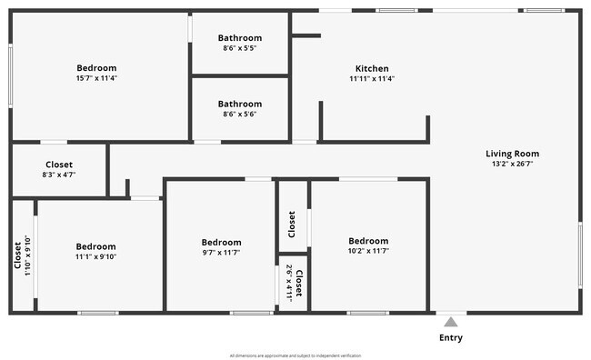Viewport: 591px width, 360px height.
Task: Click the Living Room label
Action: [x=512, y=154]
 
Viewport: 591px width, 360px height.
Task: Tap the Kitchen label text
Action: [x=372, y=68]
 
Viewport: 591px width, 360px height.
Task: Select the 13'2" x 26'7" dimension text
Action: [x=512, y=165]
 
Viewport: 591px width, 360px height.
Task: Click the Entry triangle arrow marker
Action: [x=450, y=321]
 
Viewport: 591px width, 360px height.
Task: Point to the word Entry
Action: [x=450, y=338]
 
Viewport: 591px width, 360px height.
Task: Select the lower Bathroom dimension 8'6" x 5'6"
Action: [x=239, y=114]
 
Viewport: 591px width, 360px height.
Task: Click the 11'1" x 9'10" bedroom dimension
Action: [x=96, y=256]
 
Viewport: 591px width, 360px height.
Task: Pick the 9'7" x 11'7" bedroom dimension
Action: [x=221, y=252]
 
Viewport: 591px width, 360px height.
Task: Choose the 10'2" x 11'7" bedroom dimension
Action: [x=368, y=251]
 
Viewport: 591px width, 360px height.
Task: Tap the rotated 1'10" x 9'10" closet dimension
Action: [x=28, y=256]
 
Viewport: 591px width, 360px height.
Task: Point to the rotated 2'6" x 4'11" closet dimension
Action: [x=289, y=283]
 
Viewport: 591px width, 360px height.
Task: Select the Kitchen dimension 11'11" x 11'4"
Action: [x=372, y=78]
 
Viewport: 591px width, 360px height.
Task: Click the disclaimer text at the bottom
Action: [x=295, y=355]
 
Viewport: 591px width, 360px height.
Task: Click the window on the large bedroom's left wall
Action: [x=10, y=77]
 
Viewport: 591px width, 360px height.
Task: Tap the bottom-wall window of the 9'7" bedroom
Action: [x=251, y=313]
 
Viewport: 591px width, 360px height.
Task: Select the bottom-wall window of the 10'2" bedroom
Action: [x=368, y=313]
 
